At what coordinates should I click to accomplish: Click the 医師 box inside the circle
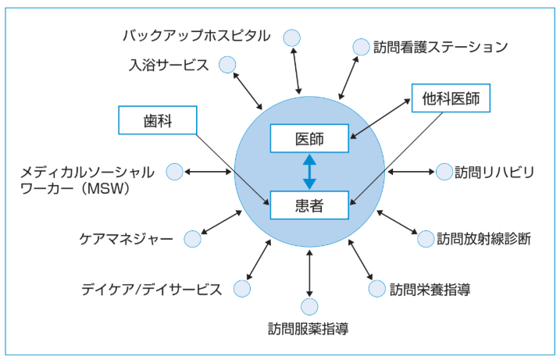pos(309,138)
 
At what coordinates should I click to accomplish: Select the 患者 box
pos(309,205)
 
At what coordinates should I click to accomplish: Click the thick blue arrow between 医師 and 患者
pos(309,172)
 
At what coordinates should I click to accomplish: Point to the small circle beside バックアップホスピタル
pos(291,37)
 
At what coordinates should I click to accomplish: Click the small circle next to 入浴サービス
pos(227,65)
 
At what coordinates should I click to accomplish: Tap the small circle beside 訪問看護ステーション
pos(361,48)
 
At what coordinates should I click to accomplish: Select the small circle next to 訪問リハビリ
pos(443,172)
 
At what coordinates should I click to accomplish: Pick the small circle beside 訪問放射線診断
pos(426,238)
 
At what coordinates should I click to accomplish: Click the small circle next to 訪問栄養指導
pos(377,288)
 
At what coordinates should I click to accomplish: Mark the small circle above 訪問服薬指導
pos(310,307)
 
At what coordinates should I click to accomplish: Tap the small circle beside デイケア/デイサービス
pos(242,288)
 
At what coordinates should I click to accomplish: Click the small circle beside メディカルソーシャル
pos(175,172)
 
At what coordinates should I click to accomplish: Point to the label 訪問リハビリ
pos(494,173)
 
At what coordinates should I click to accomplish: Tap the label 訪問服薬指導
pos(309,328)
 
